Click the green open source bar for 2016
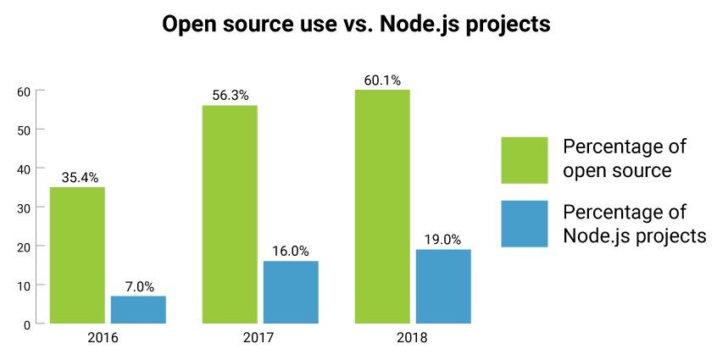pyautogui.click(x=77, y=255)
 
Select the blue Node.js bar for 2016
pyautogui.click(x=138, y=309)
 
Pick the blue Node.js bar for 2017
pyautogui.click(x=291, y=292)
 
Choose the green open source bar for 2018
pyautogui.click(x=382, y=207)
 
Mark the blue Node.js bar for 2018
pyautogui.click(x=443, y=286)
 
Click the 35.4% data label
pyautogui.click(x=78, y=178)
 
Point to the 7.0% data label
pyautogui.click(x=139, y=287)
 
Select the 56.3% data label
pyautogui.click(x=230, y=96)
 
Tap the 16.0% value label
pyautogui.click(x=291, y=252)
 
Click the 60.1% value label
pyautogui.click(x=382, y=80)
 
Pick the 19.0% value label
pyautogui.click(x=443, y=240)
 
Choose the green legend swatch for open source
pyautogui.click(x=525, y=159)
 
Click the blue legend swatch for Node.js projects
pyautogui.click(x=525, y=224)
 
